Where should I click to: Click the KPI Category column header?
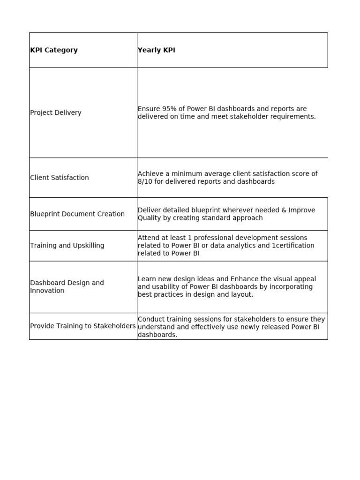54,50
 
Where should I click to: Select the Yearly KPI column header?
156,50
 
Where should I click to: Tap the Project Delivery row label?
55,112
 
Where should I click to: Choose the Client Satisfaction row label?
59,178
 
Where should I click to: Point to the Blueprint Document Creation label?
77,214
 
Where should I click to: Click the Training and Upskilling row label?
67,246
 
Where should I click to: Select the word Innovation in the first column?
47,291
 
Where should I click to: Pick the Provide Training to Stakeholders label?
82,326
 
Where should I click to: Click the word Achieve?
150,173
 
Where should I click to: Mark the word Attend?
149,238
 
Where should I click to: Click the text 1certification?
293,246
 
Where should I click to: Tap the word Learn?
147,279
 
